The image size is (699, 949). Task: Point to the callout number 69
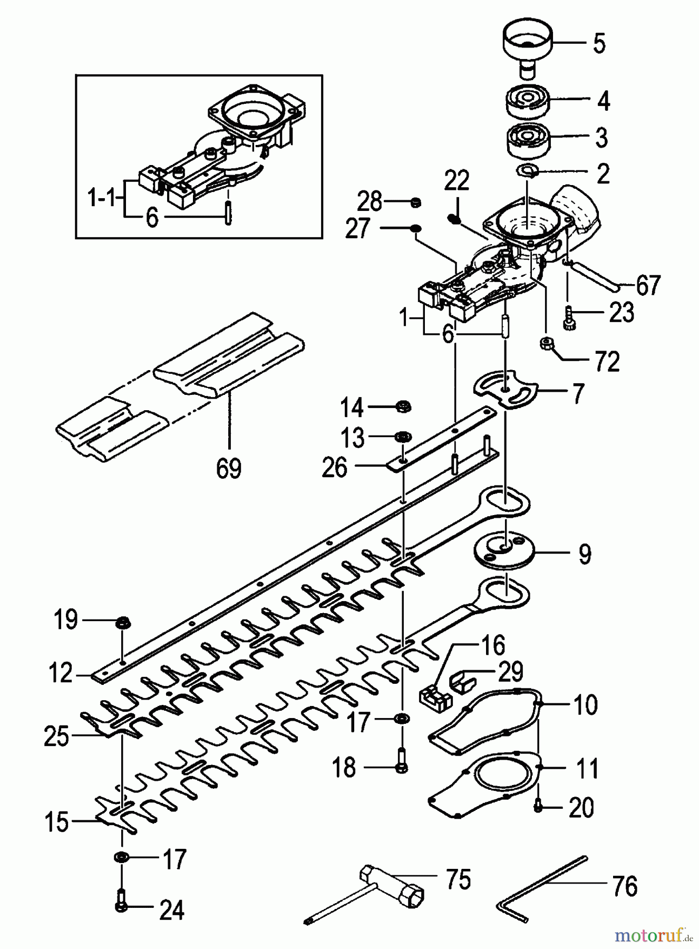click(x=229, y=468)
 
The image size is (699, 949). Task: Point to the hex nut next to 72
click(x=546, y=344)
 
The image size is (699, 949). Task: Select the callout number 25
click(x=56, y=737)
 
